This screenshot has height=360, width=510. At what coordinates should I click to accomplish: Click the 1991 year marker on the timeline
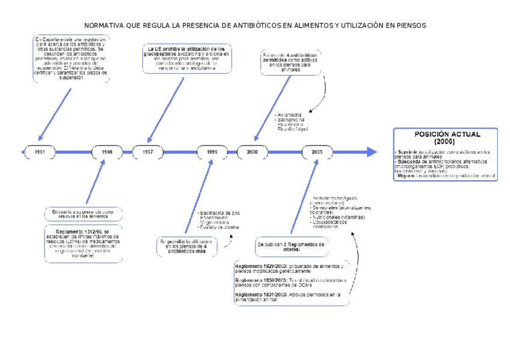pyautogui.click(x=39, y=152)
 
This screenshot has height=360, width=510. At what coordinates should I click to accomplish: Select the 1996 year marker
pyautogui.click(x=108, y=152)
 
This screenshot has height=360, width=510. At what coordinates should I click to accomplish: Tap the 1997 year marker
pyautogui.click(x=147, y=152)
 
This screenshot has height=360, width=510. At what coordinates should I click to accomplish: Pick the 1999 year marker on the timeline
pyautogui.click(x=212, y=152)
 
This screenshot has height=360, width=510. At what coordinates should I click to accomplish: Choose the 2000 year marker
pyautogui.click(x=252, y=152)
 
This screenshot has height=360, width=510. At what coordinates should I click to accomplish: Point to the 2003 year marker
pyautogui.click(x=317, y=152)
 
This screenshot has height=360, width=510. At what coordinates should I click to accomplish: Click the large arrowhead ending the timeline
pyautogui.click(x=370, y=152)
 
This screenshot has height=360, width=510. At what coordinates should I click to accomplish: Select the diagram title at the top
pyautogui.click(x=255, y=26)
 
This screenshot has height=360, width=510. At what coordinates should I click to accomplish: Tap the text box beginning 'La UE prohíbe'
pyautogui.click(x=186, y=58)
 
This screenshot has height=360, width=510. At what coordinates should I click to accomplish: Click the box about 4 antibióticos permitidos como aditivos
pyautogui.click(x=292, y=62)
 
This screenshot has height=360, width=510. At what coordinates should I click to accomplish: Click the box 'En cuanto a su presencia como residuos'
pyautogui.click(x=83, y=213)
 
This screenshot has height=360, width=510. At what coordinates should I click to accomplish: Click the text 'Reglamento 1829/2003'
pyautogui.click(x=256, y=266)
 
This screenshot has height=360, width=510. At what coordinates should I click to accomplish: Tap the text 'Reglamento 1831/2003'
pyautogui.click(x=256, y=294)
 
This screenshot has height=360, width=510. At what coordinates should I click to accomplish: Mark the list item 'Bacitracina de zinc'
pyautogui.click(x=219, y=213)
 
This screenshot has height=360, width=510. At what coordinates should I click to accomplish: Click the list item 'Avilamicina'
pyautogui.click(x=290, y=114)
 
